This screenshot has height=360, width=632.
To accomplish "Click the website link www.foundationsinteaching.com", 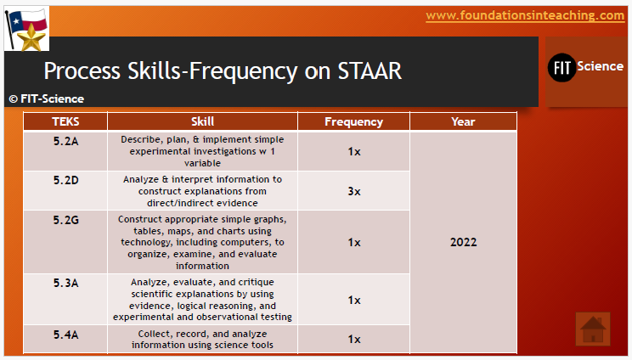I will [524, 15].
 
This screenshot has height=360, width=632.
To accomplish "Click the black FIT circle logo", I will [561, 67].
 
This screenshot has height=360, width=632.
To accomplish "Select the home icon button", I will [593, 329].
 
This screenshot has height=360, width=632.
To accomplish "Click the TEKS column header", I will [65, 121].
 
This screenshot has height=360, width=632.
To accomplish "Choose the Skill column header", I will [202, 121].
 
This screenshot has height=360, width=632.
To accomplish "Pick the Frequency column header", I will [353, 121].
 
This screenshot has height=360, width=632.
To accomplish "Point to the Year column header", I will [463, 121].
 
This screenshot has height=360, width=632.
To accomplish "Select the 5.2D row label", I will [65, 180].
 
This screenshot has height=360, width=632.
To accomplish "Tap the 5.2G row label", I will [65, 220].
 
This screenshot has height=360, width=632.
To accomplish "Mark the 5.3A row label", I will [65, 282].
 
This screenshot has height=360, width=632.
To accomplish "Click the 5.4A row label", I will [65, 335].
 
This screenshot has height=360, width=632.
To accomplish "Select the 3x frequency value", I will [353, 191].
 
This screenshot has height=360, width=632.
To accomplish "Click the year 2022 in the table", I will [463, 242].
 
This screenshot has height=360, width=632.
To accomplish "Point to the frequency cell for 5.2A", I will [353, 151].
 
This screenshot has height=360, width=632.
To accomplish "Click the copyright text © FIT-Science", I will [47, 98].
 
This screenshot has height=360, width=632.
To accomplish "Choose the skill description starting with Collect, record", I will [202, 339].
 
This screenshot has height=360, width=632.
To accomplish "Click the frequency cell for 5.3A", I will [353, 300].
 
